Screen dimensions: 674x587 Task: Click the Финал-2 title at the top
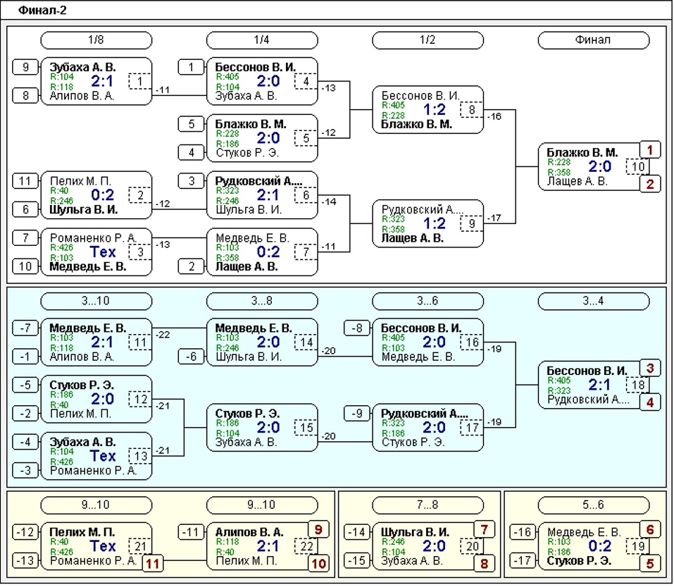pyautogui.click(x=42, y=11)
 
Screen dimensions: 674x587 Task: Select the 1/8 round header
pyautogui.click(x=96, y=40)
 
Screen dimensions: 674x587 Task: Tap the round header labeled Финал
pyautogui.click(x=593, y=40)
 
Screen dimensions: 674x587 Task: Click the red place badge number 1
pyautogui.click(x=650, y=150)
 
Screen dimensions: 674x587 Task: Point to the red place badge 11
pyautogui.click(x=153, y=564)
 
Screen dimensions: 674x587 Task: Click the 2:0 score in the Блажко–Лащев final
pyautogui.click(x=599, y=166)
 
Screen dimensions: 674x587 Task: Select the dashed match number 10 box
pyautogui.click(x=638, y=167)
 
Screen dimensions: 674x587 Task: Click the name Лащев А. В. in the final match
pyautogui.click(x=577, y=181)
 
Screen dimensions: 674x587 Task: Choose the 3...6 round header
pyautogui.click(x=428, y=301)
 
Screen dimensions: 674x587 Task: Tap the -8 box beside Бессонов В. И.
pyautogui.click(x=357, y=328)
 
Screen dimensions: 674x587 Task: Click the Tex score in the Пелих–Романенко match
pyautogui.click(x=103, y=546)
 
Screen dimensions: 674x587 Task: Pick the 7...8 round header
pyautogui.click(x=428, y=505)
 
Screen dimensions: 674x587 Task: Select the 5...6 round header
pyautogui.click(x=593, y=505)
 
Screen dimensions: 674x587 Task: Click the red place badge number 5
pyautogui.click(x=650, y=564)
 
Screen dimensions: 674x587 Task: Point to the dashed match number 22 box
pyautogui.click(x=306, y=547)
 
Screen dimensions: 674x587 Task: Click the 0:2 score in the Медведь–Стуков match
pyautogui.click(x=599, y=546)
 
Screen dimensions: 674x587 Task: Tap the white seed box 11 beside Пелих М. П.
pyautogui.click(x=25, y=181)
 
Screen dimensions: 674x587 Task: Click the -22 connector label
pyautogui.click(x=163, y=335)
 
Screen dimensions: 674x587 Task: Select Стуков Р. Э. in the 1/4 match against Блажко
pyautogui.click(x=246, y=153)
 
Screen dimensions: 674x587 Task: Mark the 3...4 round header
pyautogui.click(x=593, y=301)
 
